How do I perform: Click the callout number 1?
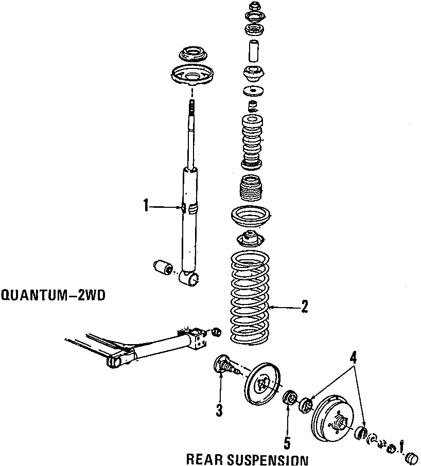coord(146,206)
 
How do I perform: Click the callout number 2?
coord(304,307)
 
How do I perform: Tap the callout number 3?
coord(219,410)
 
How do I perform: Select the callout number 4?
coord(353,356)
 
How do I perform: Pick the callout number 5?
coord(288,442)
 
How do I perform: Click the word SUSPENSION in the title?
coord(268,459)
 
